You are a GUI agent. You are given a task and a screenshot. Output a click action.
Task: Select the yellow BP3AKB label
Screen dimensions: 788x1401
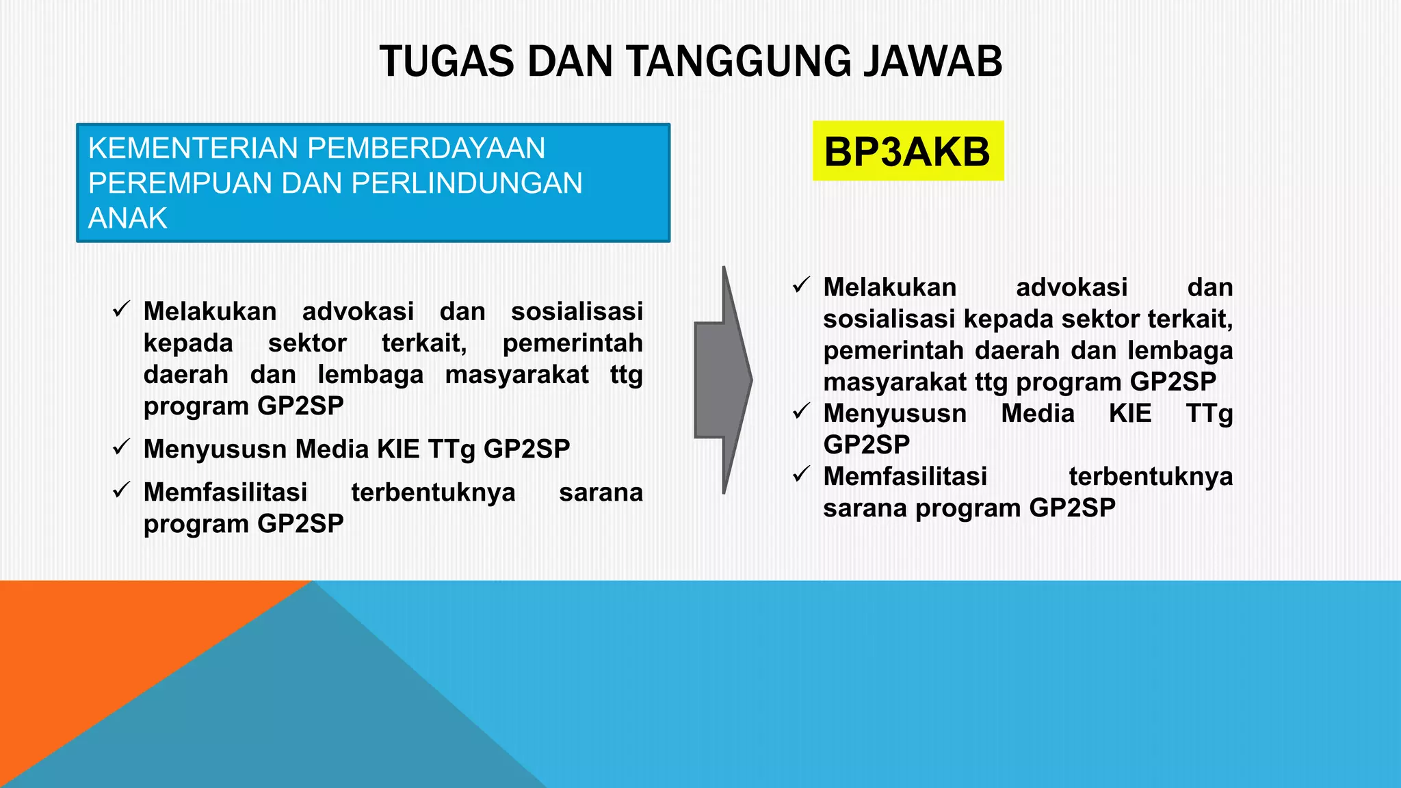[x=907, y=151]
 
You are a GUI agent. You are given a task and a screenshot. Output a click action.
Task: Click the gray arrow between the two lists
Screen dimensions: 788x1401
[x=723, y=380]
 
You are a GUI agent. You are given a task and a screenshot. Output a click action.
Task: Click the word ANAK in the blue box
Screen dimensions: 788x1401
[x=127, y=218]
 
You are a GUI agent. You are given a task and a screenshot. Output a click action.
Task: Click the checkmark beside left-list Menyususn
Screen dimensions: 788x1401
[x=121, y=447]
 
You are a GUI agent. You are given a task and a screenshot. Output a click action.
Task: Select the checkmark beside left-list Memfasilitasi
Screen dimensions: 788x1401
[x=121, y=490]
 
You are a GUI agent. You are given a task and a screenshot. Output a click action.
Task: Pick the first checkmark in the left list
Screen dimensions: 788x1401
[x=121, y=310]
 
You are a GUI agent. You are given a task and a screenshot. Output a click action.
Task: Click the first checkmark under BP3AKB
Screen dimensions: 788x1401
[x=801, y=285]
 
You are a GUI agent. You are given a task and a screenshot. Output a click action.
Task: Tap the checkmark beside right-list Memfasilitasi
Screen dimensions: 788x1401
[x=801, y=474]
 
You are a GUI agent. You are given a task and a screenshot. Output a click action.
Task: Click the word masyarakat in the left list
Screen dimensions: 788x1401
[x=516, y=375]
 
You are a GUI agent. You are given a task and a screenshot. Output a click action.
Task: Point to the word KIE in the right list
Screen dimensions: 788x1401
[x=1130, y=413]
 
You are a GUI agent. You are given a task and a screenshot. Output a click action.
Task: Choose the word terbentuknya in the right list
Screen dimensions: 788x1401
[x=1151, y=477]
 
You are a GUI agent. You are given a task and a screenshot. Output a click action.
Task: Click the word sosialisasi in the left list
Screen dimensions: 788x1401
[x=577, y=312]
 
